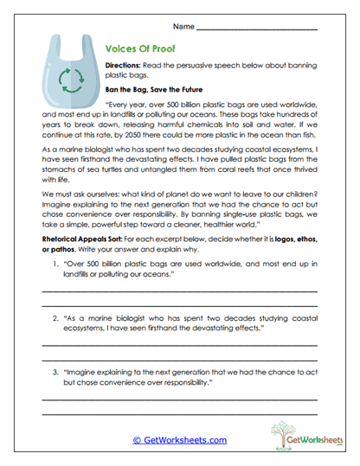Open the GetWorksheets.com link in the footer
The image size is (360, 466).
click(x=179, y=439)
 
